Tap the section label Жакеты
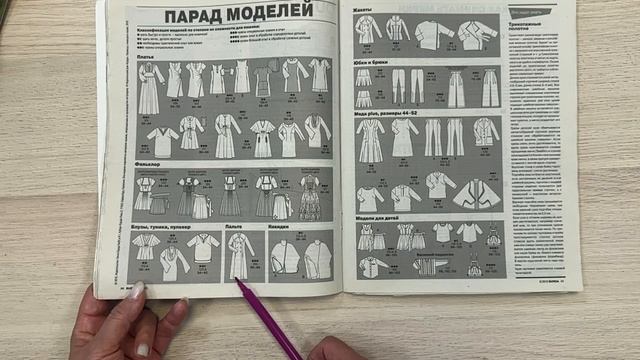coord(362,9)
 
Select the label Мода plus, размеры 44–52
coord(389,114)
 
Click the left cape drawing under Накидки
coord(284,257)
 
